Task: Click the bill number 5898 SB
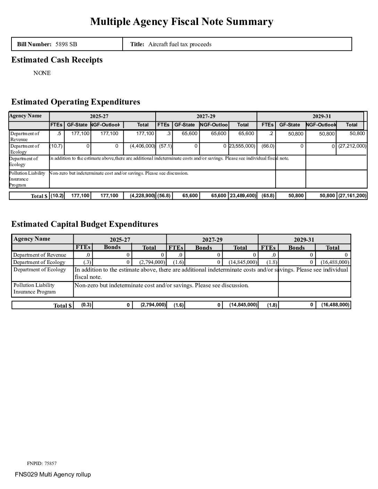pyautogui.click(x=66, y=44)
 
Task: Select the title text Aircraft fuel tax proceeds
pyautogui.click(x=180, y=44)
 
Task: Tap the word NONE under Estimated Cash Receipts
pyautogui.click(x=42, y=73)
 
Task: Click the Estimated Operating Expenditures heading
pyautogui.click(x=76, y=102)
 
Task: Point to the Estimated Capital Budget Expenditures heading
pyautogui.click(x=85, y=224)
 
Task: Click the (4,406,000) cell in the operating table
pyautogui.click(x=142, y=146)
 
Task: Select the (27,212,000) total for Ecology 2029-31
pyautogui.click(x=352, y=146)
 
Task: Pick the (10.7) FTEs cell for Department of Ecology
pyautogui.click(x=56, y=146)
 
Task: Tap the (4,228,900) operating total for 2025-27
pyautogui.click(x=142, y=196)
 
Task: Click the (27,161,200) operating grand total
pyautogui.click(x=352, y=196)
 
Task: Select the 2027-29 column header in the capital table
pyautogui.click(x=212, y=240)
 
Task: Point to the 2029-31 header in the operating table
pyautogui.click(x=322, y=116)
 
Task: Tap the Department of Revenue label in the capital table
pyautogui.click(x=40, y=255)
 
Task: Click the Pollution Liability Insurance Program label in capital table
pyautogui.click(x=34, y=288)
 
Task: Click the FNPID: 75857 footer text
pyautogui.click(x=42, y=463)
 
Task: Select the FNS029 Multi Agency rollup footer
pyautogui.click(x=53, y=474)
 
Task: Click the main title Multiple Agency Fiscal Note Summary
pyautogui.click(x=182, y=22)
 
